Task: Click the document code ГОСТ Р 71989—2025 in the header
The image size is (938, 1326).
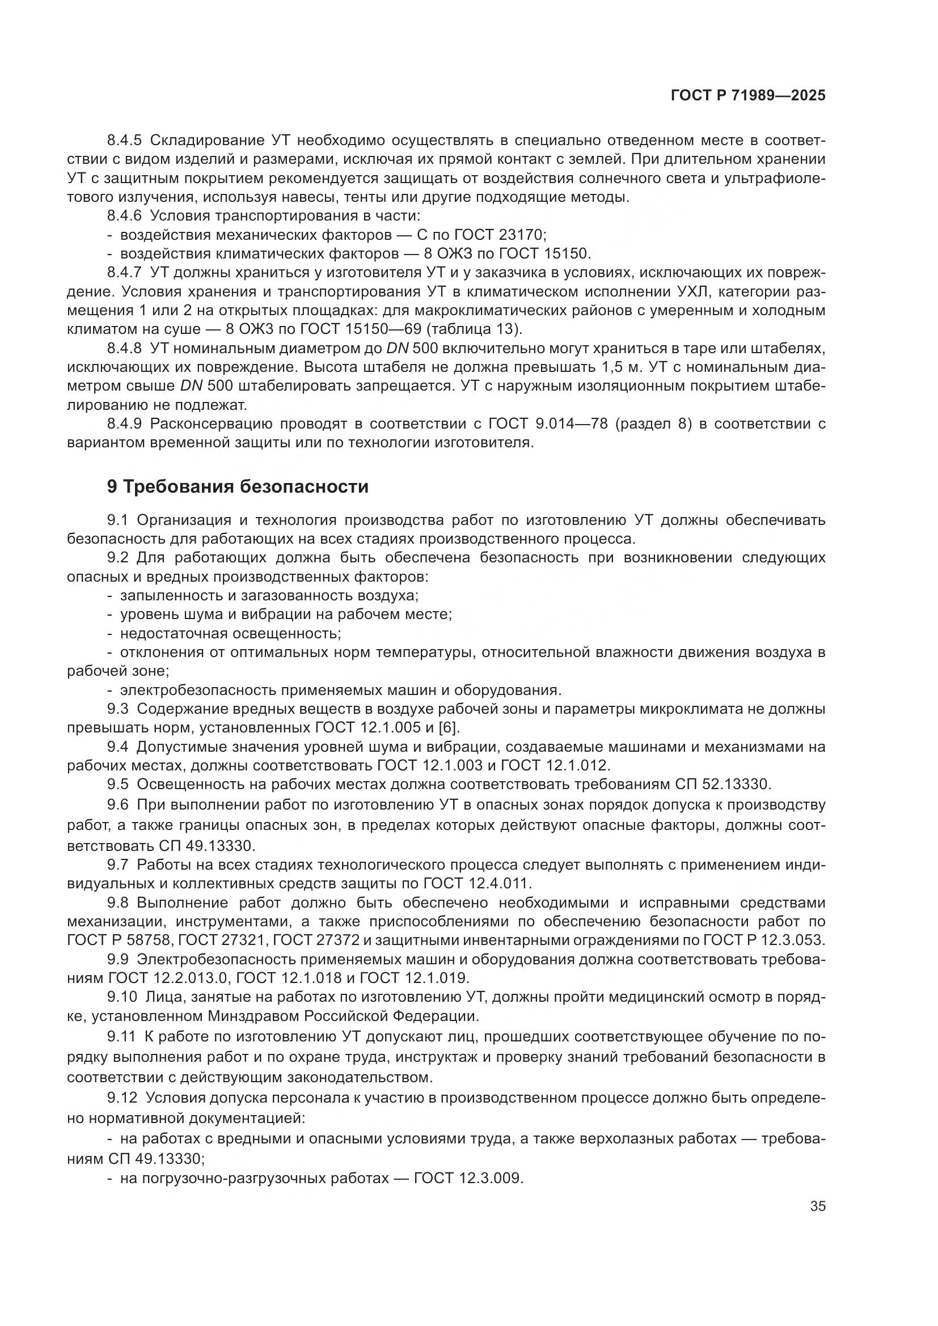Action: [x=748, y=96]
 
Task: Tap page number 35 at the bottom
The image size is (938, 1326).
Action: [x=817, y=1206]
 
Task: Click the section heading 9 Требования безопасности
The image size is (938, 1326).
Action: [x=238, y=486]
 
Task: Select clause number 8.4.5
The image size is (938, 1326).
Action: [x=124, y=141]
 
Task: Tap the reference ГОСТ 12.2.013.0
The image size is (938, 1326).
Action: [x=170, y=978]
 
